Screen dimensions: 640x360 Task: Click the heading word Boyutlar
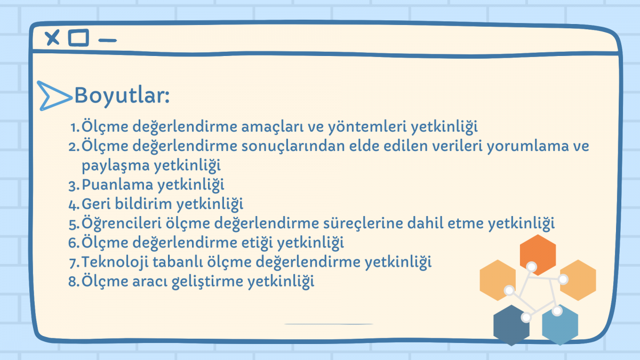[x=122, y=95]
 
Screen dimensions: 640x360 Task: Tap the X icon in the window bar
[x=52, y=37]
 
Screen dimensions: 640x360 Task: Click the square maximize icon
[x=78, y=37]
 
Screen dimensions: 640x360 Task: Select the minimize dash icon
[x=107, y=41]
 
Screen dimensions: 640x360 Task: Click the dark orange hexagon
[x=538, y=255]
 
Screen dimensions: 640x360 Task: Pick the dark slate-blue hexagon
[x=511, y=325]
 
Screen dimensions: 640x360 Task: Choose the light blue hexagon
[x=560, y=325]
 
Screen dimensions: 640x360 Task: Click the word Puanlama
[x=117, y=185]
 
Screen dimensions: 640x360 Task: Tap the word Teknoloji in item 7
[x=115, y=262]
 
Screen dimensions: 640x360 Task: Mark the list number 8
[x=74, y=282]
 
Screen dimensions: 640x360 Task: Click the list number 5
[x=74, y=223]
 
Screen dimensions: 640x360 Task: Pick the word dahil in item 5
[x=425, y=223]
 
